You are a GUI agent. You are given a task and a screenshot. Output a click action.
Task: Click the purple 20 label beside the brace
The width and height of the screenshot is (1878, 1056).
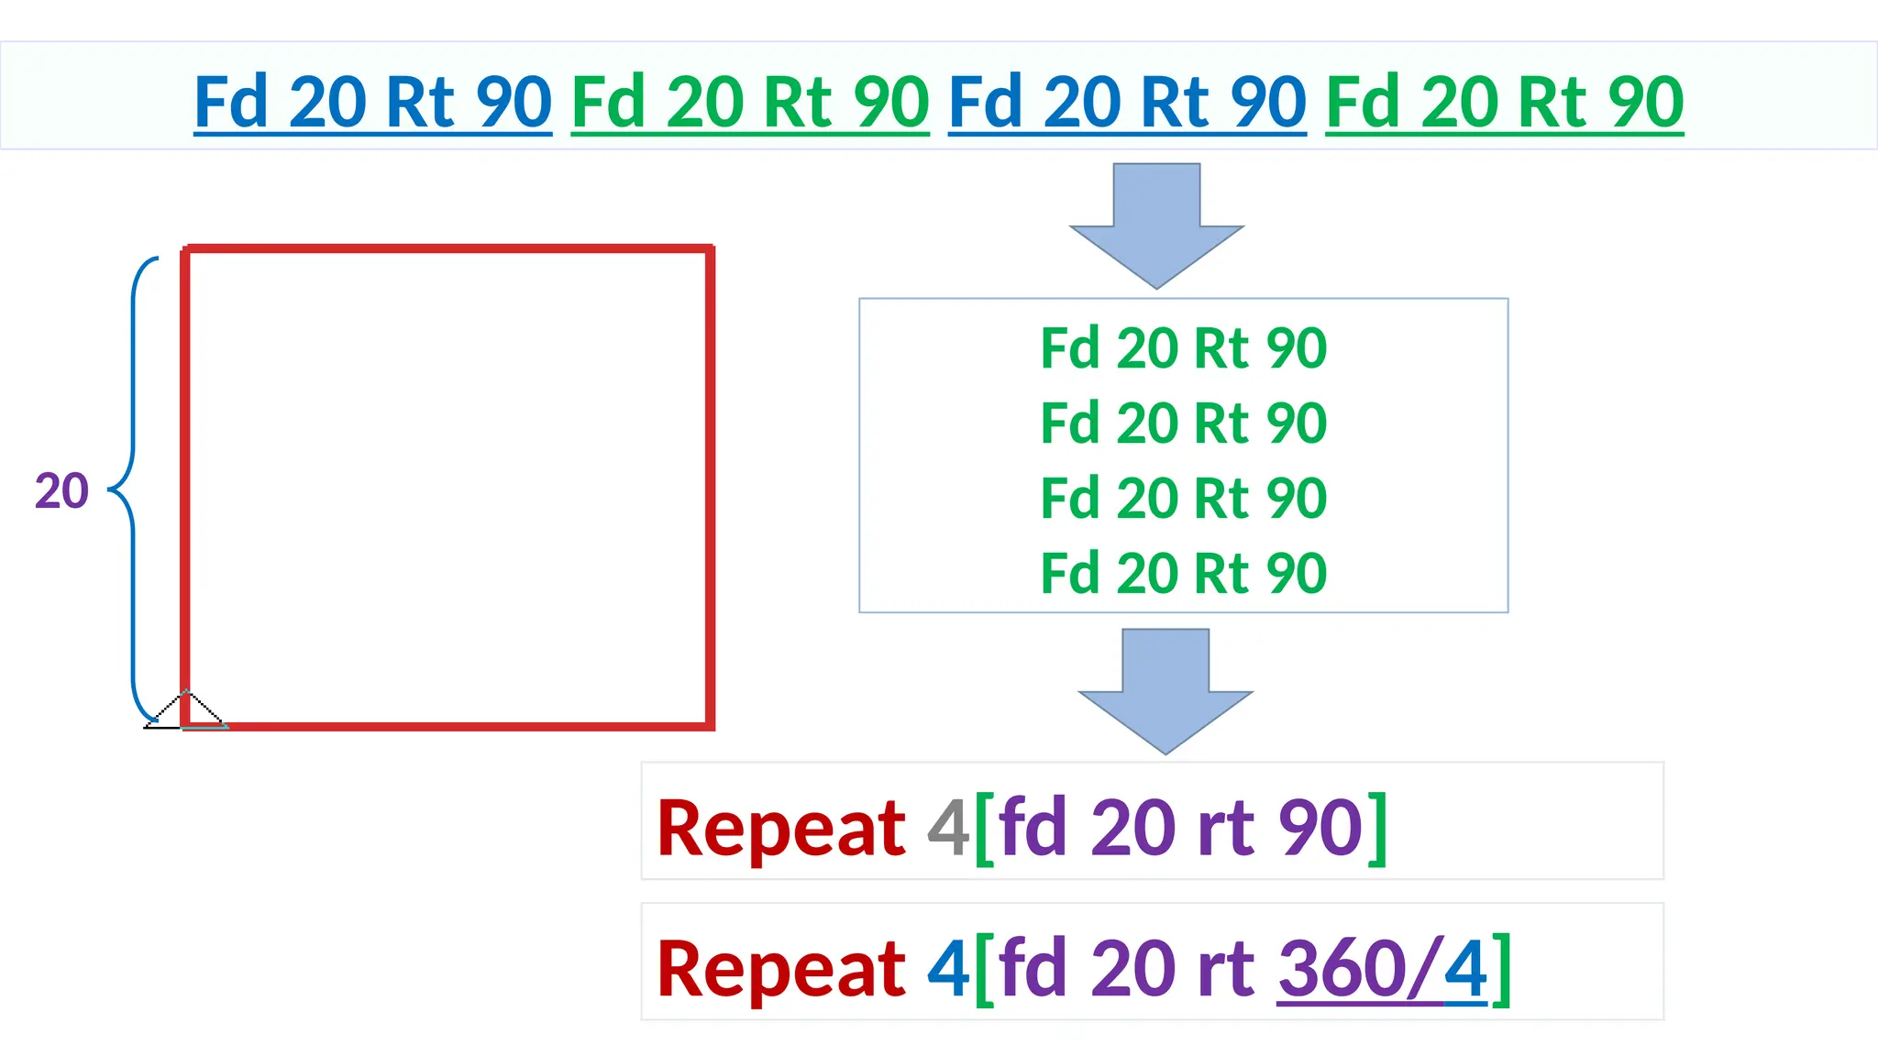click(61, 491)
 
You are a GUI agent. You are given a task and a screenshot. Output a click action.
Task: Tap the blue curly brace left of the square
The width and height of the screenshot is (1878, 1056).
click(134, 489)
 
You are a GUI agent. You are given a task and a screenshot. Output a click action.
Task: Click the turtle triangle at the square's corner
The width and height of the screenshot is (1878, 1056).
click(186, 711)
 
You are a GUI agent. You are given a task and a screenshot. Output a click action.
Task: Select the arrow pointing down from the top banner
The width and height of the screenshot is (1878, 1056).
click(1156, 225)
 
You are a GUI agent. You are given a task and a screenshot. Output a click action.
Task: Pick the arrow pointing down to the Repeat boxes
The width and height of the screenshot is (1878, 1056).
click(1165, 690)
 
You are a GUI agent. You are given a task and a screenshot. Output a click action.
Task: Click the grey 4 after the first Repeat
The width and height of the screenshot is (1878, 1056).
click(948, 828)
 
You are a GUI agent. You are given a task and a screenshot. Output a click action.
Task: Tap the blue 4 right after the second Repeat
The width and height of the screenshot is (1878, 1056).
click(948, 969)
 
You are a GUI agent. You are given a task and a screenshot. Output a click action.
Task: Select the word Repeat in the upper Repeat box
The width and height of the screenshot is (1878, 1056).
click(781, 828)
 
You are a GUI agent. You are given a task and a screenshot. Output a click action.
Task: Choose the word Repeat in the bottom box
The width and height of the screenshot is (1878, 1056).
click(781, 969)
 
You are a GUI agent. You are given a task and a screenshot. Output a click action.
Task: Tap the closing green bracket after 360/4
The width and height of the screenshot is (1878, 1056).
click(1501, 969)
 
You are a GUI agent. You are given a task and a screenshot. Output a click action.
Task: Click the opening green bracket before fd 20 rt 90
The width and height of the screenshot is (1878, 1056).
click(984, 830)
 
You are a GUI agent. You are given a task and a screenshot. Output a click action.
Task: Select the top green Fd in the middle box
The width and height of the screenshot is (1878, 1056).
click(1069, 348)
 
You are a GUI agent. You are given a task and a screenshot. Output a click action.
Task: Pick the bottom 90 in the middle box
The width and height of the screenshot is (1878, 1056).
click(1296, 574)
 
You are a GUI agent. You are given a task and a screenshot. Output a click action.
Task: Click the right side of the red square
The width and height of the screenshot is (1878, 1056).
click(710, 486)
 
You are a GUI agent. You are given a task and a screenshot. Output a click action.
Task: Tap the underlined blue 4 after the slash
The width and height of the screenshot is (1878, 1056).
click(1465, 969)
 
